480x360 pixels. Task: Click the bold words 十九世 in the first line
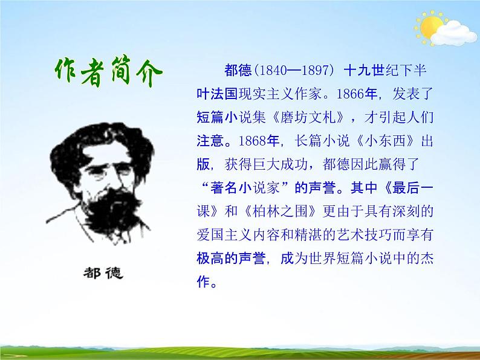[x=364, y=71]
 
